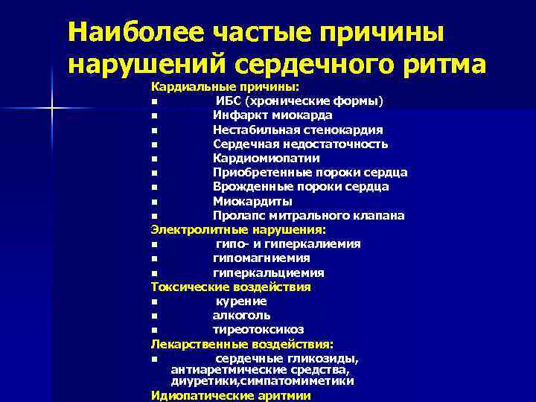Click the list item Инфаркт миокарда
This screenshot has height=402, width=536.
pos(272,115)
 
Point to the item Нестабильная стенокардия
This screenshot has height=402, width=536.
pos(298,130)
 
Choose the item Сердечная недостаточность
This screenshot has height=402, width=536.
pos(300,144)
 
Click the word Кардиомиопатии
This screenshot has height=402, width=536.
pos(266,158)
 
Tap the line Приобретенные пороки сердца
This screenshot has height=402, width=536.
pos(310,173)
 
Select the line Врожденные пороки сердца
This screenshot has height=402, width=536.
pos(300,187)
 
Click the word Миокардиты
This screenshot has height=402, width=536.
pos(252,201)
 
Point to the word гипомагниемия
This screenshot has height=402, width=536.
pos(261,258)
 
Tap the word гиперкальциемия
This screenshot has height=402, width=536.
pos(268,273)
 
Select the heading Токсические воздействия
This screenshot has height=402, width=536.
pos(231,287)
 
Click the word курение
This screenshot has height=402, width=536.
pos(241,301)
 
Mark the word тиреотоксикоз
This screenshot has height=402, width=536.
pos(258,330)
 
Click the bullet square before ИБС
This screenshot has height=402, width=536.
pos(153,102)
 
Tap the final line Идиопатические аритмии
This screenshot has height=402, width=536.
pos(230,395)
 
